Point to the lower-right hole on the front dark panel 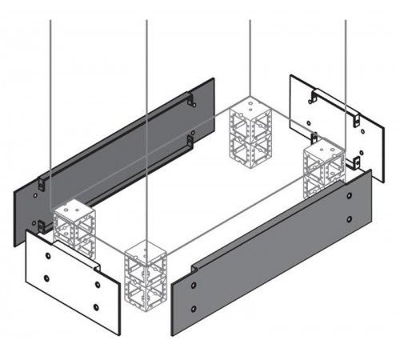pos(350,218)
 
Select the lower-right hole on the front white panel pos(97,306)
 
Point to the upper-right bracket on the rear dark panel pos(192,102)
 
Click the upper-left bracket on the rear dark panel pos(44,182)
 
